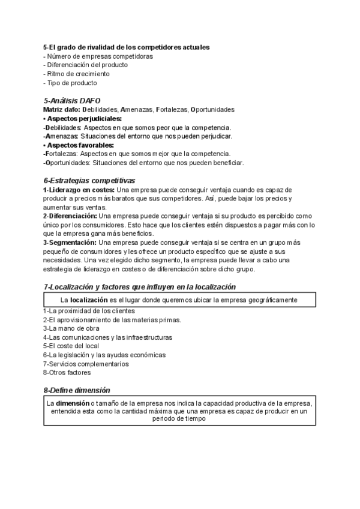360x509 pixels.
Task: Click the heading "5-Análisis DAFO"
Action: pos(72,101)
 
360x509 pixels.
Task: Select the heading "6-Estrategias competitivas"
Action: pos(89,181)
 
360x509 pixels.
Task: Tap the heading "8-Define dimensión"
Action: pos(76,390)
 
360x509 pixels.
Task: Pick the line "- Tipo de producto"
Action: pos(70,83)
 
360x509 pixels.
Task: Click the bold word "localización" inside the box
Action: pos(89,299)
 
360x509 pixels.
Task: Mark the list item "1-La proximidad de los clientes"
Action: pos(89,311)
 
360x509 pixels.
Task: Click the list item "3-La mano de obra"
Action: pos(71,328)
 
